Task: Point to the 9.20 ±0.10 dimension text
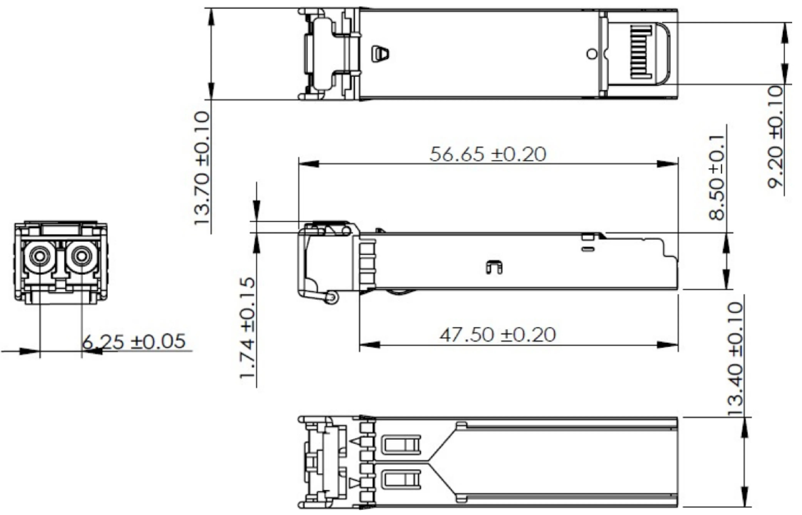pyautogui.click(x=775, y=137)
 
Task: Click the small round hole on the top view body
pyautogui.click(x=592, y=54)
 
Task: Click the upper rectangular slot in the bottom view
pyautogui.click(x=400, y=444)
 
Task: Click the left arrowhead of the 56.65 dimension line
pyautogui.click(x=308, y=164)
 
